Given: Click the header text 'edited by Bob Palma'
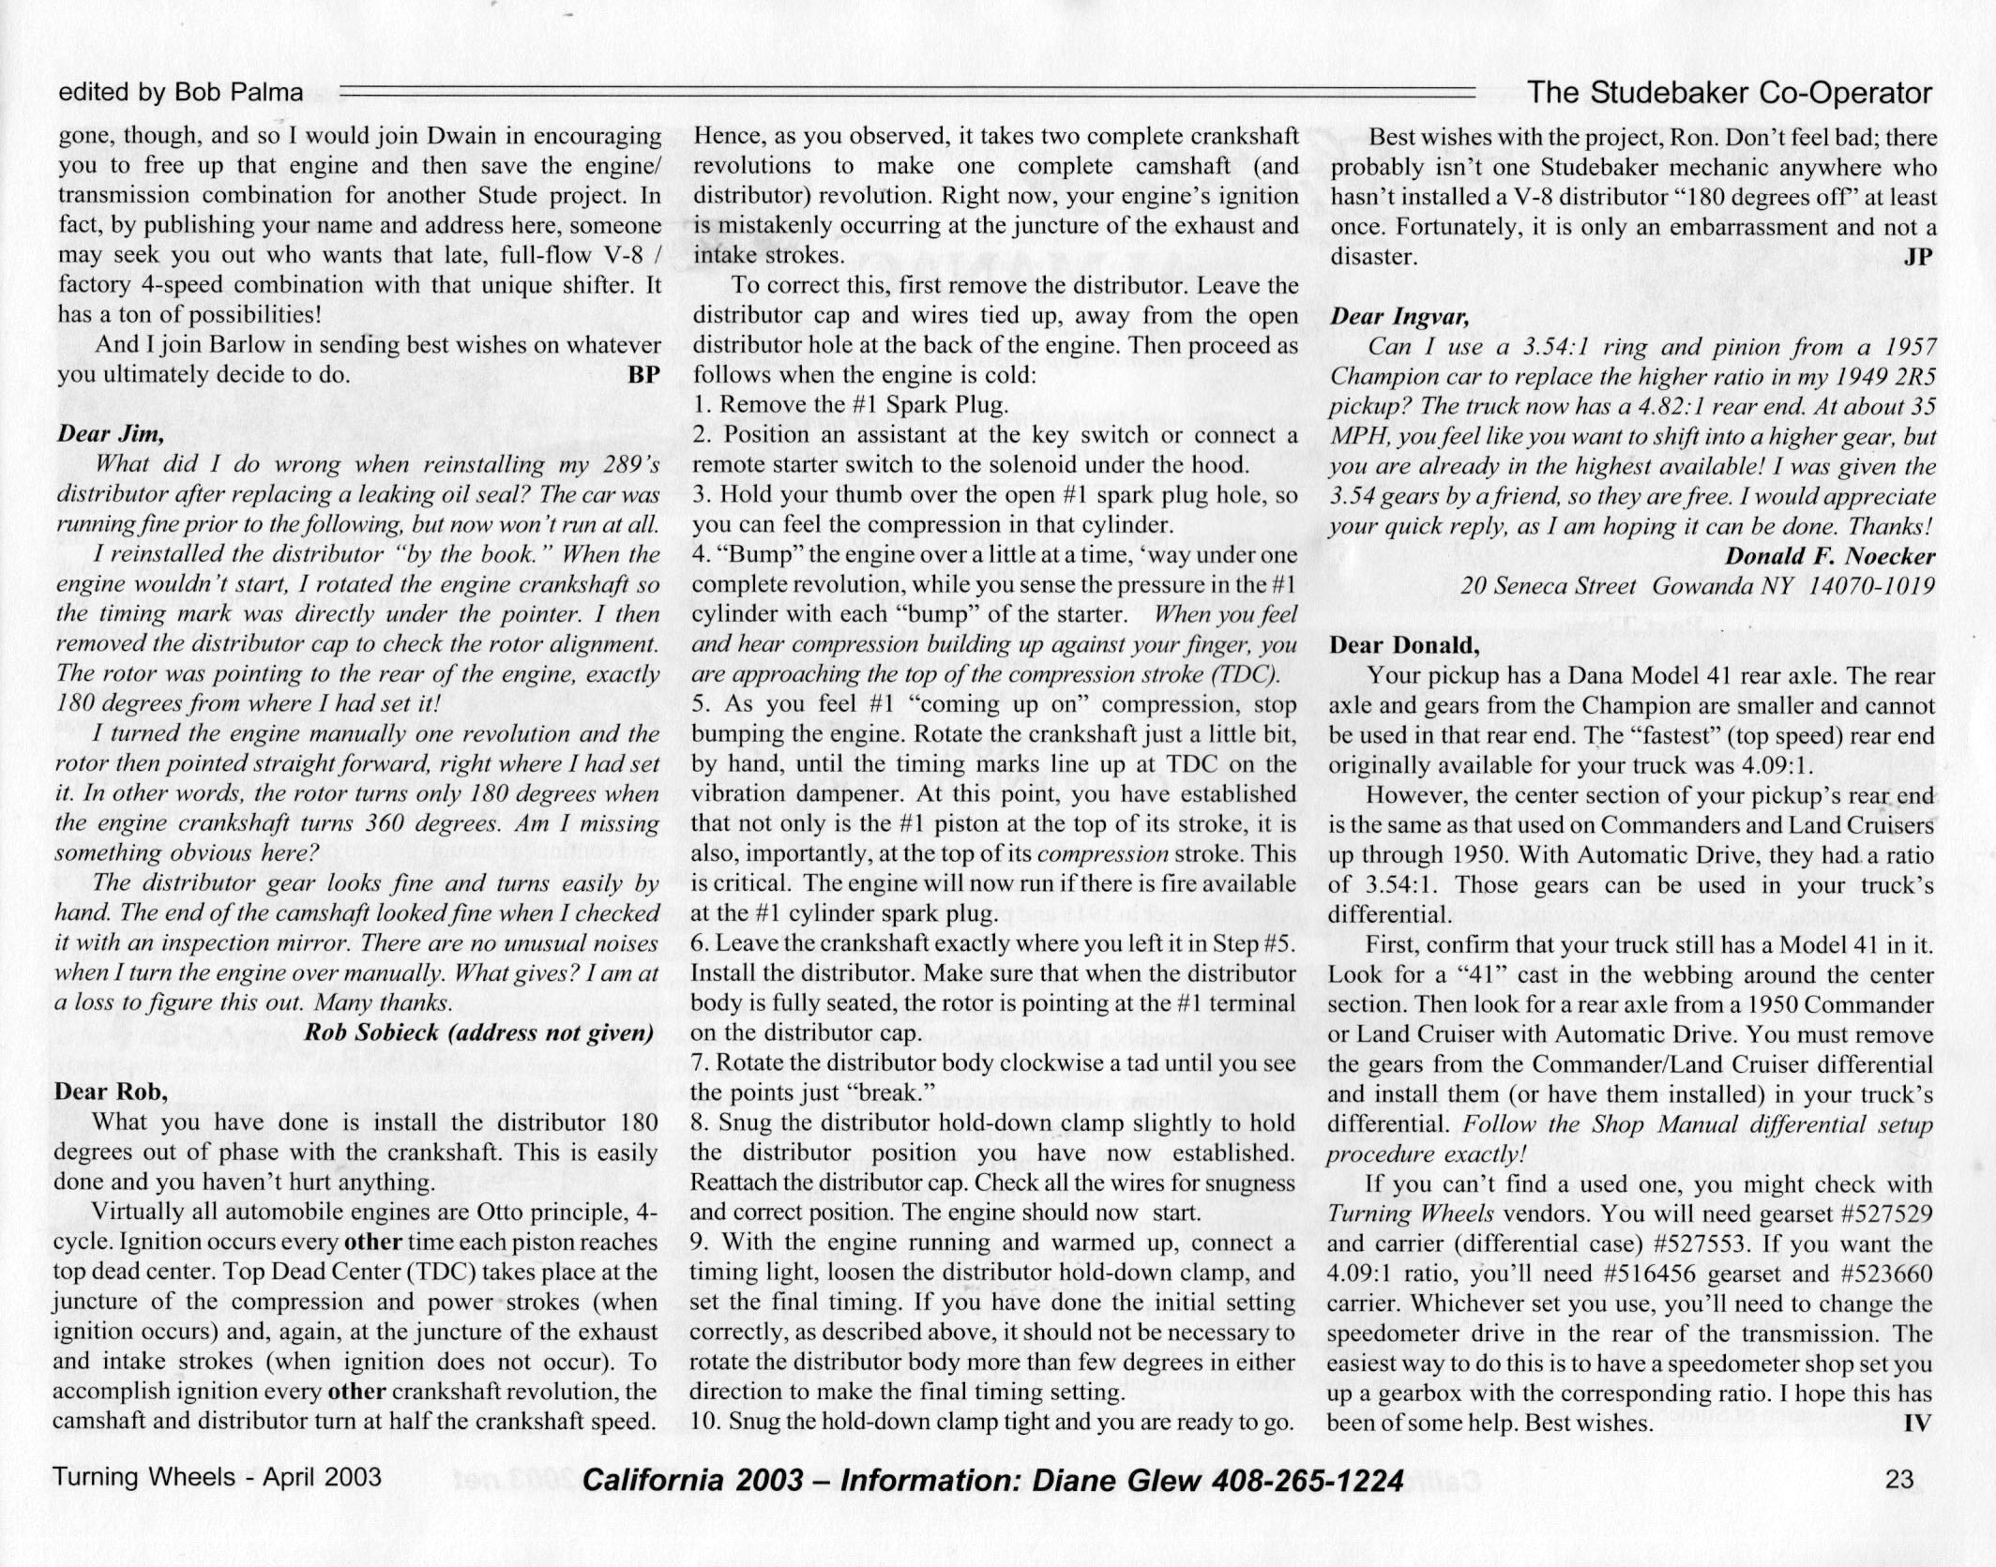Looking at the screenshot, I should pos(180,93).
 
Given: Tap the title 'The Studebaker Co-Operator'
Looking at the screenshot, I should pos(1730,93).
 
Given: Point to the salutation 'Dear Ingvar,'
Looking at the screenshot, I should pos(1399,316).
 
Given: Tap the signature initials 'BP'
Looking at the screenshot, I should pos(643,375).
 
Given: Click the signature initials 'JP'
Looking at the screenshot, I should pos(1918,256).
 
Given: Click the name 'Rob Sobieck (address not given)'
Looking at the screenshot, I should pos(479,1032).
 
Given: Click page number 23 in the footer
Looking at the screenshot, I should pos(1899,1479).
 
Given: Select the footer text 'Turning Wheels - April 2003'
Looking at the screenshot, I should pos(218,1478).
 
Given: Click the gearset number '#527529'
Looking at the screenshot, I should pos(1867,1213).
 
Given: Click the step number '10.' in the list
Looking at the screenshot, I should pos(705,1422).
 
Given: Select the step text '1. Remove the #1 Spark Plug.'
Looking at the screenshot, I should pos(850,405).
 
